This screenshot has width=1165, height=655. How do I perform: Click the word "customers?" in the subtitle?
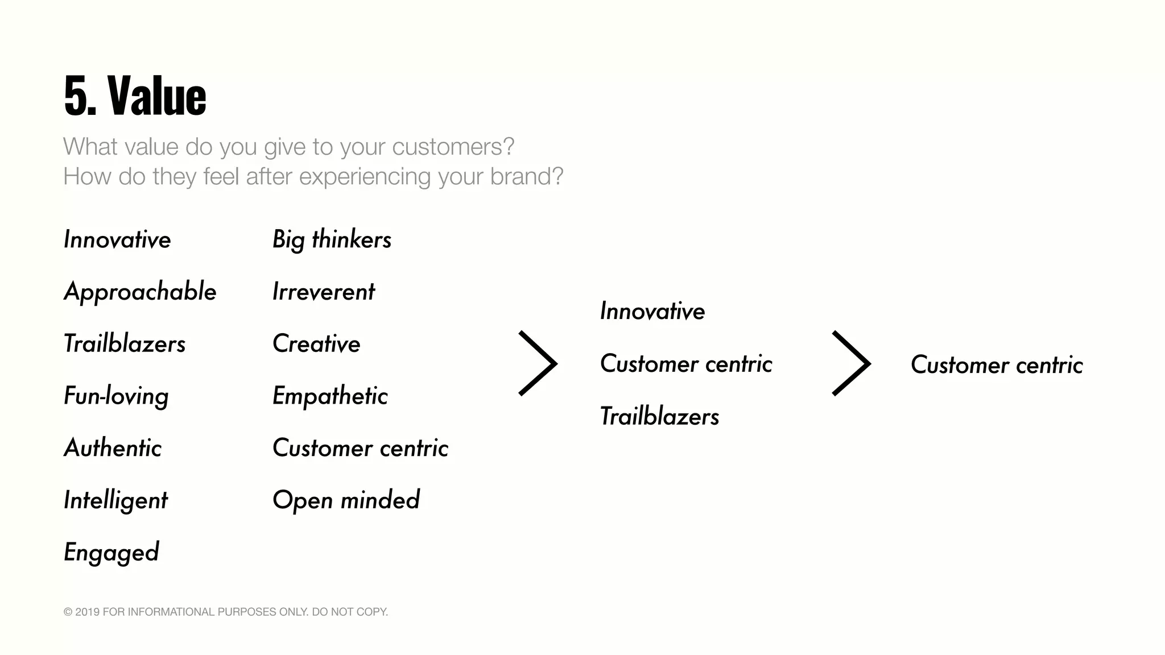tap(453, 147)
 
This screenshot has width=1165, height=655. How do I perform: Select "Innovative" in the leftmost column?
tap(117, 239)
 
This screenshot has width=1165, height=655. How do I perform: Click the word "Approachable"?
tap(140, 292)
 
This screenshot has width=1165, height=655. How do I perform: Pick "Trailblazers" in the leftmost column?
tap(125, 344)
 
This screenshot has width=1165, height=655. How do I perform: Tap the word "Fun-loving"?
tap(116, 396)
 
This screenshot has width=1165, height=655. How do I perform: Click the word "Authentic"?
tap(113, 448)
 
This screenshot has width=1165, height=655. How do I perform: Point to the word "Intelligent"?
tap(115, 500)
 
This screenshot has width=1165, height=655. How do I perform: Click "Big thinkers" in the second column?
tap(332, 239)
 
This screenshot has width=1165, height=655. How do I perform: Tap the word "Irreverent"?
tap(323, 292)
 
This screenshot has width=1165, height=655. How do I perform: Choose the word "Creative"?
tap(316, 344)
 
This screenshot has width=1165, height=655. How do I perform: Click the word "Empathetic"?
tap(330, 396)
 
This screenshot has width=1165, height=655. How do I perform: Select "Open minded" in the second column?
tap(346, 500)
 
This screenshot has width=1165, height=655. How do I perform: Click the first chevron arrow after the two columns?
tap(538, 363)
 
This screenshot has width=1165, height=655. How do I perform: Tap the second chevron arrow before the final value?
tap(852, 363)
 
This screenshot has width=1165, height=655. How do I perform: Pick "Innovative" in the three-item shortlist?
tap(652, 311)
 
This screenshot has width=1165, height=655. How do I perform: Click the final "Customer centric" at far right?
tap(997, 365)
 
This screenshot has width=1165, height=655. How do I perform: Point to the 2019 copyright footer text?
tap(226, 612)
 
